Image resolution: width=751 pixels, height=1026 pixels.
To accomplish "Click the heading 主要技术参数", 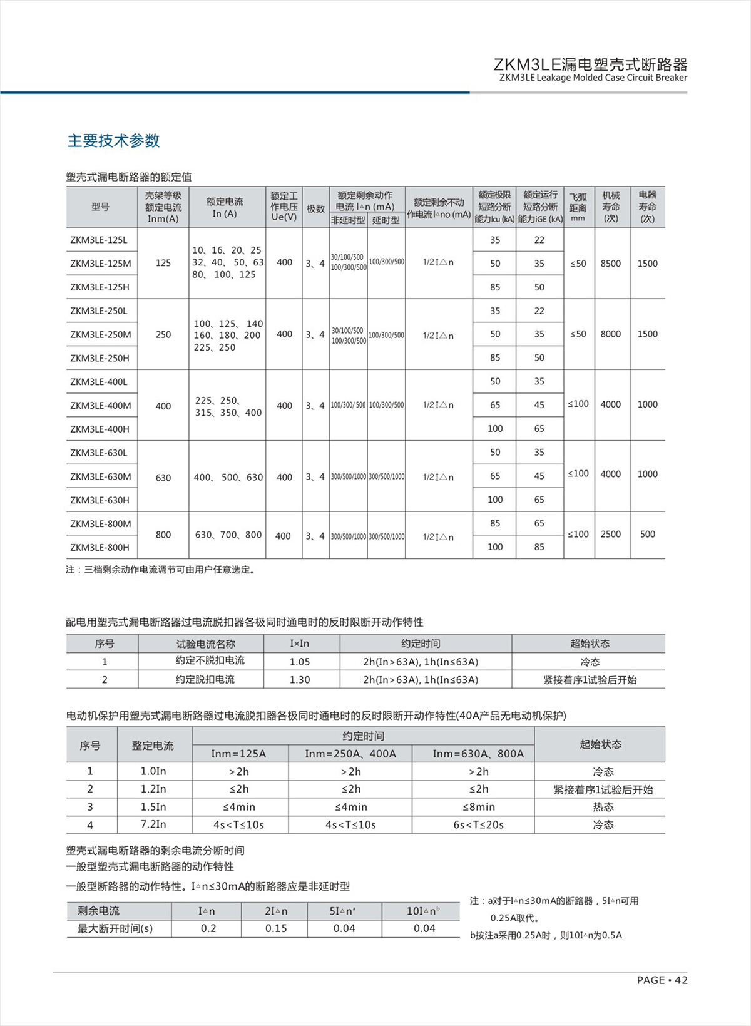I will [113, 141].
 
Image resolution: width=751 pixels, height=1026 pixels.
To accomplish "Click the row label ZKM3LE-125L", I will [99, 240].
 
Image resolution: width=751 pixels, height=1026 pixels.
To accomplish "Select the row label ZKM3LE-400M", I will [101, 405].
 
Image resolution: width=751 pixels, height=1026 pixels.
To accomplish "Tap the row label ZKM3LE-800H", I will [100, 547].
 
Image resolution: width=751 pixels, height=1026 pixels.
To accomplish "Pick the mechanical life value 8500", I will [610, 264].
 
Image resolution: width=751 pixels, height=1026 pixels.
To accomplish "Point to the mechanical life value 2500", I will [610, 534].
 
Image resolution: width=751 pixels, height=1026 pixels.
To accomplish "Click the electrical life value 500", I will [647, 534].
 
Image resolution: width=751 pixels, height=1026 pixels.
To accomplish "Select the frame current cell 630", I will [163, 477].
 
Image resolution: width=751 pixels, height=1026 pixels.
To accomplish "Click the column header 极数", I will [315, 208].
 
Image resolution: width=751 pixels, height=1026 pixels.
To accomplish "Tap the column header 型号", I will [100, 207].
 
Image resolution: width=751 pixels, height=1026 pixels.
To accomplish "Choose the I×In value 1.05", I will [300, 662].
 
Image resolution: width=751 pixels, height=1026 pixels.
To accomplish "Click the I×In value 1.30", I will [300, 680].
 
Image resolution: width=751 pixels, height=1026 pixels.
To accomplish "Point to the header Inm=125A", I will [238, 754].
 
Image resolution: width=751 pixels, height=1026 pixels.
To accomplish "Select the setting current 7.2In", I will [153, 824].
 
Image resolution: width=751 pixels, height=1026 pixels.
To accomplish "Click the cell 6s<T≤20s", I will [478, 824].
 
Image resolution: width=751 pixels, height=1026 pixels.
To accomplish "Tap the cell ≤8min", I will [478, 807].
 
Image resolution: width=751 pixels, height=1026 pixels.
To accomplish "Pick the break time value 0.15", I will [276, 928].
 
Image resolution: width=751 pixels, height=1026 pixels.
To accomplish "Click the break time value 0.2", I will [208, 928].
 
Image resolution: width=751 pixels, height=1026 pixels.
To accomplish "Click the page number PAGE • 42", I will [662, 980].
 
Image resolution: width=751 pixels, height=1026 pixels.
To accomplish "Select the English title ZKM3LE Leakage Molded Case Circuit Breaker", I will [593, 78].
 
